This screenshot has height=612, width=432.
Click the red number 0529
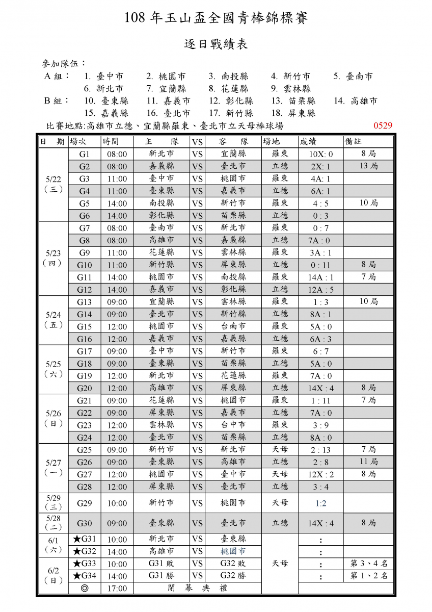(x=383, y=125)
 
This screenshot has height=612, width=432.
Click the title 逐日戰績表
(x=216, y=44)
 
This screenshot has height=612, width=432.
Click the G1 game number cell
(x=85, y=154)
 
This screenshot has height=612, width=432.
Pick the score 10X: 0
(x=320, y=154)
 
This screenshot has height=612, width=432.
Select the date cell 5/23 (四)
(x=53, y=258)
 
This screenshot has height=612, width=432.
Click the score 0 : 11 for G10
(x=321, y=265)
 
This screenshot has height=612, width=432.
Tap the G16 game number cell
(x=85, y=339)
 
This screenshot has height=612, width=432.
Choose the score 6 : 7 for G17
(x=321, y=351)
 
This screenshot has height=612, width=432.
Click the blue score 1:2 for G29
(x=321, y=503)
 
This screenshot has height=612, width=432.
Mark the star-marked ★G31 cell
(x=85, y=539)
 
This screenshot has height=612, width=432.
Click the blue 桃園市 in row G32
(x=233, y=551)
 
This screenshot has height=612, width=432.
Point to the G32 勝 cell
(x=233, y=576)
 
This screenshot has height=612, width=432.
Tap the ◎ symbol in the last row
(x=85, y=588)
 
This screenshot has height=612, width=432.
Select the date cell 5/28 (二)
(x=53, y=523)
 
